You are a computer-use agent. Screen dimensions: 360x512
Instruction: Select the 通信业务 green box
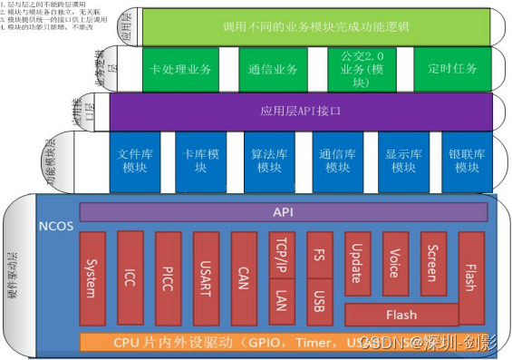click(275, 67)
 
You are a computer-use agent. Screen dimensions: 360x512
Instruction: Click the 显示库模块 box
click(400, 161)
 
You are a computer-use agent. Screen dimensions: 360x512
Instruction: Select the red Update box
click(358, 264)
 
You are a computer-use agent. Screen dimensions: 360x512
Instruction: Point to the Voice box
click(395, 264)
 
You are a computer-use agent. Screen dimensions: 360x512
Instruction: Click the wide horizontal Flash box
click(401, 315)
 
